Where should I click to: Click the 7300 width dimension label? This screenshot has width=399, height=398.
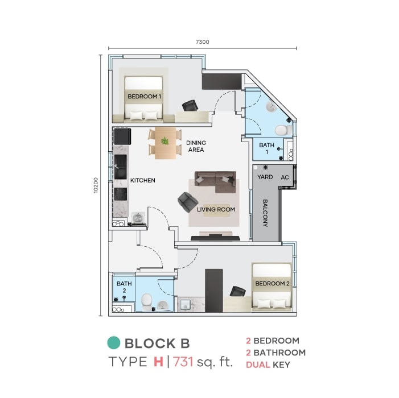tap(202, 42)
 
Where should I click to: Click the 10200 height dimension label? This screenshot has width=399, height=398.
tap(96, 185)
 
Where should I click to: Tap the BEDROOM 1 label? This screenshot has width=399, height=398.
tap(144, 97)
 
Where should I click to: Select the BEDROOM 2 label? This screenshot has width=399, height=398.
tap(272, 283)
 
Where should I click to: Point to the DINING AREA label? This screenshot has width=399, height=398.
tap(196, 146)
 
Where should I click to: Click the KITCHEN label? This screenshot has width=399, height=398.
tap(142, 180)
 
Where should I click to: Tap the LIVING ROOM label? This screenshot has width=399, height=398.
tap(216, 209)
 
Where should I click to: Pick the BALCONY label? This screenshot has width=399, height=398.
tap(265, 213)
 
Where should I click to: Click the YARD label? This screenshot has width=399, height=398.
tap(265, 177)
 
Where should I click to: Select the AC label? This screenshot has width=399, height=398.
tap(285, 177)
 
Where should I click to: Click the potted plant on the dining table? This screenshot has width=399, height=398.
tap(165, 141)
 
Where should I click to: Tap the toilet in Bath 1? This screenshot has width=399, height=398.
tap(283, 130)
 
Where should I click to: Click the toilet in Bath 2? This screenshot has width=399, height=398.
tap(146, 302)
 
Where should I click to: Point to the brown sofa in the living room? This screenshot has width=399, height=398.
tap(215, 182)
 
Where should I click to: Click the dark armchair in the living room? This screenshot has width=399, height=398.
tap(188, 202)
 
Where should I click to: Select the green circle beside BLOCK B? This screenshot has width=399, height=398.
tap(113, 343)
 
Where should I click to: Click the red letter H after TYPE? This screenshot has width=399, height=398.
tap(158, 362)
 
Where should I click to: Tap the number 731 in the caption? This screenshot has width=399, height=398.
tap(183, 362)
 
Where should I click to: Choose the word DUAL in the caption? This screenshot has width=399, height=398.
tap(258, 365)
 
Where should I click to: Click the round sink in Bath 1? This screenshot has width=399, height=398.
tap(272, 107)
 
